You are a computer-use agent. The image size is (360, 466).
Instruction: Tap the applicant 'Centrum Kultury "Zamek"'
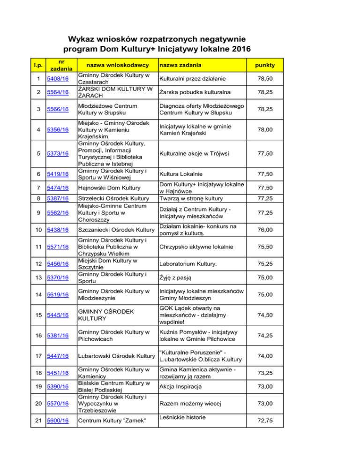click(110, 422)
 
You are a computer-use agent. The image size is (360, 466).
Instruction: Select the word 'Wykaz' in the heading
click(83, 38)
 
